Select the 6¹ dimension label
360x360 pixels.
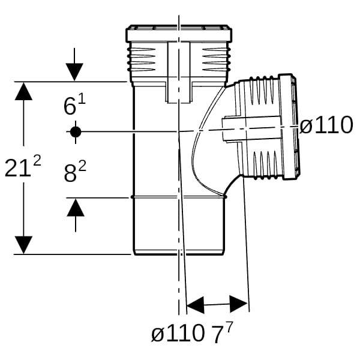(x=74, y=106)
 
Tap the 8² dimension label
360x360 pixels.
(x=75, y=173)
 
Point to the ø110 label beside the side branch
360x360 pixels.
(x=326, y=126)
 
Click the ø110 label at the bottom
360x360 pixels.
(x=178, y=334)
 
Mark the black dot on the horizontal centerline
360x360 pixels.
(x=75, y=131)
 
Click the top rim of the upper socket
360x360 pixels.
(x=178, y=28)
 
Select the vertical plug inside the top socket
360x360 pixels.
(x=178, y=72)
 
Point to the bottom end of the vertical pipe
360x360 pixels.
(x=178, y=253)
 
